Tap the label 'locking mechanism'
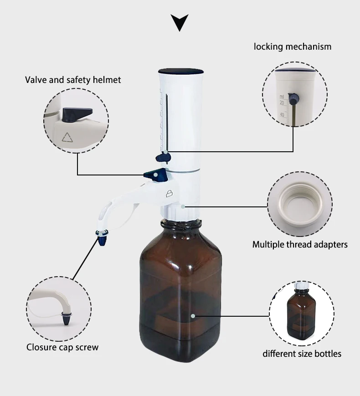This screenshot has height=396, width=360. pos(293,46)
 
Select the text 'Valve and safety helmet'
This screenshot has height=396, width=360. pos(73,80)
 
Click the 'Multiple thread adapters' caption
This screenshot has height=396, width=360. pos(300,245)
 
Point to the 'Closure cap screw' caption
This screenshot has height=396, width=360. pos(62,347)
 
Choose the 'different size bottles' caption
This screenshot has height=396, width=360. pos(302,354)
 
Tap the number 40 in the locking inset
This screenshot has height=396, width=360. pos(282,115)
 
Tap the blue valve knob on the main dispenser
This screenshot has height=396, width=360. pos(151,174)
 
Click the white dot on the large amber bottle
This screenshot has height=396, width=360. pos(193,315)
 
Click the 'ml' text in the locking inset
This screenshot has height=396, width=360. pos(282,96)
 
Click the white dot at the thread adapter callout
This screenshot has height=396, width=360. pos(183,206)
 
